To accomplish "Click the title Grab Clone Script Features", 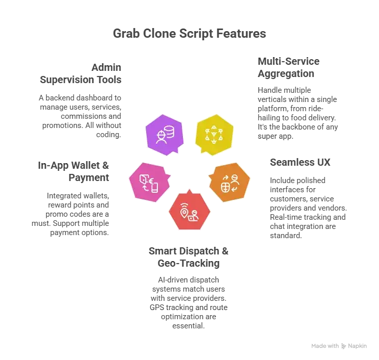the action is [189, 34].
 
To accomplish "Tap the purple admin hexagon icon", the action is [165, 135].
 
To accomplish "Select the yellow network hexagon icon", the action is [214, 135].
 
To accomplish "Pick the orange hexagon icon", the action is [229, 182].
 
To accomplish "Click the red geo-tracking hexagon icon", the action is [189, 210].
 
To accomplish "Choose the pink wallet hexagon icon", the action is [150, 182].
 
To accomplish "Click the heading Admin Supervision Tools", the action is [80, 73].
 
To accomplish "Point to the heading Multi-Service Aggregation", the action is [289, 67].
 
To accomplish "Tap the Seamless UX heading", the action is [300, 162].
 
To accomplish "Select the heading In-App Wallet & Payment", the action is [73, 171].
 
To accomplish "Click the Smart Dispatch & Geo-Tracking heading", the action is [188, 257].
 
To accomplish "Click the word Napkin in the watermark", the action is [357, 346].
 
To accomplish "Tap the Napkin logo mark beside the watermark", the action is [344, 346].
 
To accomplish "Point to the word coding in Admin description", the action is [109, 135].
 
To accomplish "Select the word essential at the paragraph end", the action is [188, 326].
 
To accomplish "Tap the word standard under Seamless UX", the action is [286, 236].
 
